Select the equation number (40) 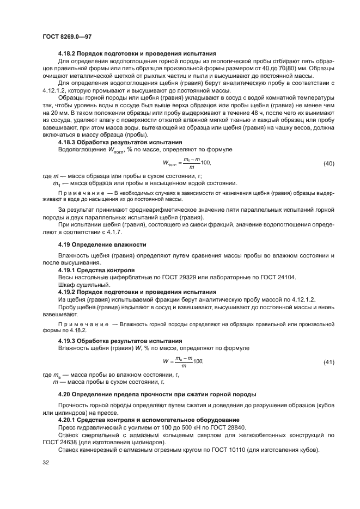coord(329,164)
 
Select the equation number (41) coord(329,362)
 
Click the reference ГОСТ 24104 coord(276,277)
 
